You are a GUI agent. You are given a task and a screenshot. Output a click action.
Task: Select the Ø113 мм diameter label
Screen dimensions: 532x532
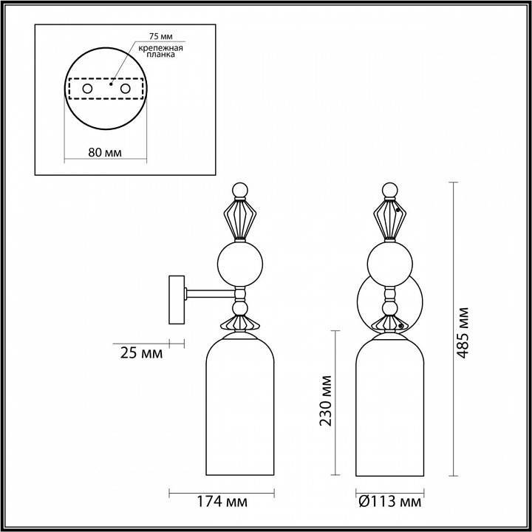(x=389, y=502)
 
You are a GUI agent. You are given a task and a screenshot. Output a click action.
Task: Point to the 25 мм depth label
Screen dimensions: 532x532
(x=140, y=352)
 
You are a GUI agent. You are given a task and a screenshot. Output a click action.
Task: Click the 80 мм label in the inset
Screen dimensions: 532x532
(x=104, y=152)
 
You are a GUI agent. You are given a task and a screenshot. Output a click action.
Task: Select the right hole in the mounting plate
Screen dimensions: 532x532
(x=125, y=89)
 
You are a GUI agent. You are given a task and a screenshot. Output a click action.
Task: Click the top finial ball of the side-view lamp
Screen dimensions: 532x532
(x=239, y=190)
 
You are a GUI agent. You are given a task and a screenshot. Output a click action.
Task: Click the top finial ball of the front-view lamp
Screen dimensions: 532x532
(x=389, y=190)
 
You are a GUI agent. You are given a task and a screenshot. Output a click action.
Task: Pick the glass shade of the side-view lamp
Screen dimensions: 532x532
(x=239, y=406)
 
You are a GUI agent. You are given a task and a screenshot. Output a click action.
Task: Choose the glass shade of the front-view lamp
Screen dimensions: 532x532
(x=389, y=406)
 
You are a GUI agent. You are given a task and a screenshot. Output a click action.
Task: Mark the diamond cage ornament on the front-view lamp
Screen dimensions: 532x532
(x=389, y=218)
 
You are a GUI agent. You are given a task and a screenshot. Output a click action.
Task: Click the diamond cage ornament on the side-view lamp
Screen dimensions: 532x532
(x=239, y=218)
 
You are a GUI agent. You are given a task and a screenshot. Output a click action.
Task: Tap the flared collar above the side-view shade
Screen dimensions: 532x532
(x=239, y=323)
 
